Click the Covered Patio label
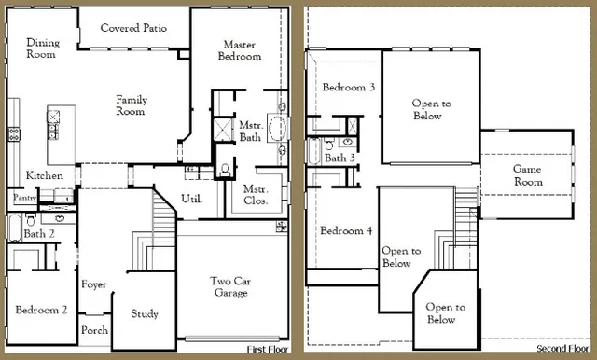click(133, 28)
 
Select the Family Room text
click(132, 105)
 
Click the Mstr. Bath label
click(249, 131)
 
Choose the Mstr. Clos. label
click(255, 194)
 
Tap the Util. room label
click(192, 199)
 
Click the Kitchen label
click(44, 175)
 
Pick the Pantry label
click(23, 198)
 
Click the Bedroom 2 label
click(40, 310)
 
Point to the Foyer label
click(94, 284)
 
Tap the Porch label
click(94, 330)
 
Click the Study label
click(145, 314)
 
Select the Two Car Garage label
click(229, 286)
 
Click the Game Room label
click(528, 175)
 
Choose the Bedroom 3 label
click(349, 88)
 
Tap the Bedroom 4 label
click(346, 230)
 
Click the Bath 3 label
click(339, 158)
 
